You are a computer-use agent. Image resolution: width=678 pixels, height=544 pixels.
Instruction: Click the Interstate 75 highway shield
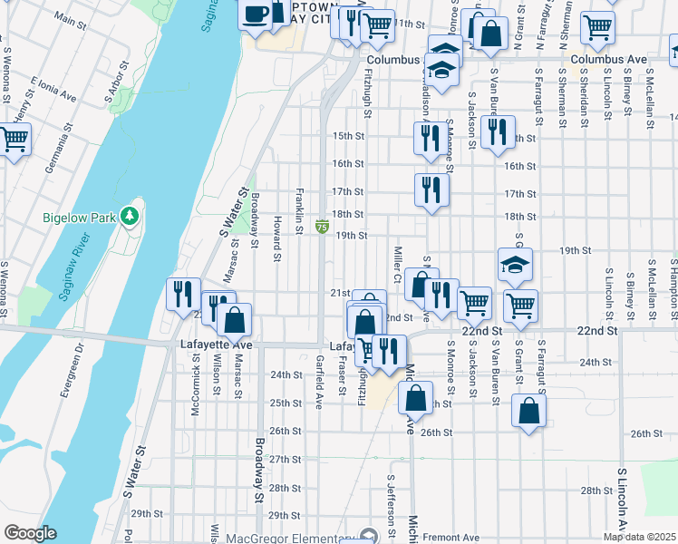(x=322, y=226)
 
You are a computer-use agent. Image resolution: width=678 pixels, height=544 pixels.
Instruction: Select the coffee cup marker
(x=256, y=14)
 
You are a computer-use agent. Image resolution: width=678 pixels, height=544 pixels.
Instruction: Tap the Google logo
(x=29, y=533)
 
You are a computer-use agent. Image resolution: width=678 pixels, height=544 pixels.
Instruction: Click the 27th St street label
(x=285, y=460)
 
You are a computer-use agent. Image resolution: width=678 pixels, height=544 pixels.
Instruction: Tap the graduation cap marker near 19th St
(x=515, y=265)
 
